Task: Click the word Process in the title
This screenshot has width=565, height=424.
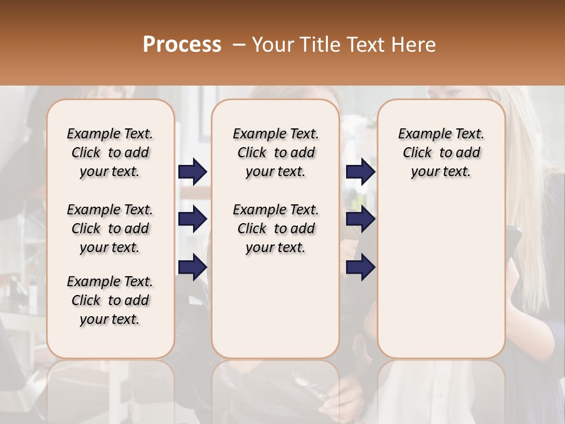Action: point(182,45)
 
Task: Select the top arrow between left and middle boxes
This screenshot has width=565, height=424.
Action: point(192,171)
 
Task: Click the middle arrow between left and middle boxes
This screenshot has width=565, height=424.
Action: point(192,219)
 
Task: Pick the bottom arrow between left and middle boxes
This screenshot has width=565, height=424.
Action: point(192,267)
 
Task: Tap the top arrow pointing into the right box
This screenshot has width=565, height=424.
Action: point(360,171)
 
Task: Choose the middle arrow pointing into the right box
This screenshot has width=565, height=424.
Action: point(360,219)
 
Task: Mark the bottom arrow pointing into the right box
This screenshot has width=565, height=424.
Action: point(360,267)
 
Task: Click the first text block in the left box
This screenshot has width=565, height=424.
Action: point(110,153)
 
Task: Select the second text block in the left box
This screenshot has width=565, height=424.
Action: point(110,228)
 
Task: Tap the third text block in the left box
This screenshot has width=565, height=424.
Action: point(110,300)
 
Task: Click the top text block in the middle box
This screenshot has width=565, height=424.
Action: point(275,153)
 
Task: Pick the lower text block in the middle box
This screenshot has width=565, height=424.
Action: point(275,228)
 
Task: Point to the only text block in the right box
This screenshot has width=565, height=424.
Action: point(441,153)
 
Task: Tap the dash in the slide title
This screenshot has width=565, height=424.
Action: point(239,45)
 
